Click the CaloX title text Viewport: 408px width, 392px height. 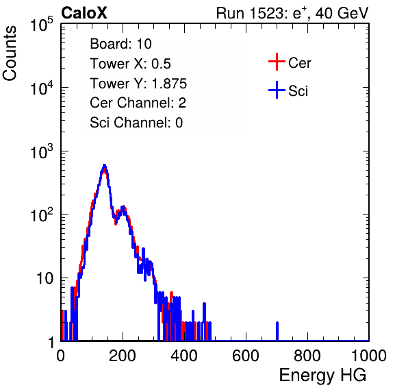tap(84, 13)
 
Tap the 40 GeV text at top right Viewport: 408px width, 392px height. tap(342, 13)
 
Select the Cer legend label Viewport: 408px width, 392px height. tap(299, 63)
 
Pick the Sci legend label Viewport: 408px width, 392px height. tap(298, 91)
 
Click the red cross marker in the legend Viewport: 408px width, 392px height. tap(277, 62)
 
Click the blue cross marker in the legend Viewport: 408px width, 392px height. tap(277, 90)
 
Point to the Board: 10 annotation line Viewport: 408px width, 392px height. tap(120, 44)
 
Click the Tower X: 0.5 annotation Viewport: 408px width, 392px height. tap(130, 64)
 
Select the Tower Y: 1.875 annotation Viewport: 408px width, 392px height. tap(138, 84)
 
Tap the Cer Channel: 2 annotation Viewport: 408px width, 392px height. tap(138, 103)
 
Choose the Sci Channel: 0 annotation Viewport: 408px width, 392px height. tap(136, 123)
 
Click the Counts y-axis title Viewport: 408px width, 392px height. tap(10, 53)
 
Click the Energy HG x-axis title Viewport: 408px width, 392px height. tap(322, 375)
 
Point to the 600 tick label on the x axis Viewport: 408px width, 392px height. tap(245, 356)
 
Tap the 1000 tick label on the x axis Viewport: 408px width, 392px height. tap(369, 356)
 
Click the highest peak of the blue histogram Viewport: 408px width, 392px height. tap(104, 165)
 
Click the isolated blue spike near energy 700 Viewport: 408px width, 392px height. tap(277, 331)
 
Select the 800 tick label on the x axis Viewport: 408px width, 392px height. tap(307, 356)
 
